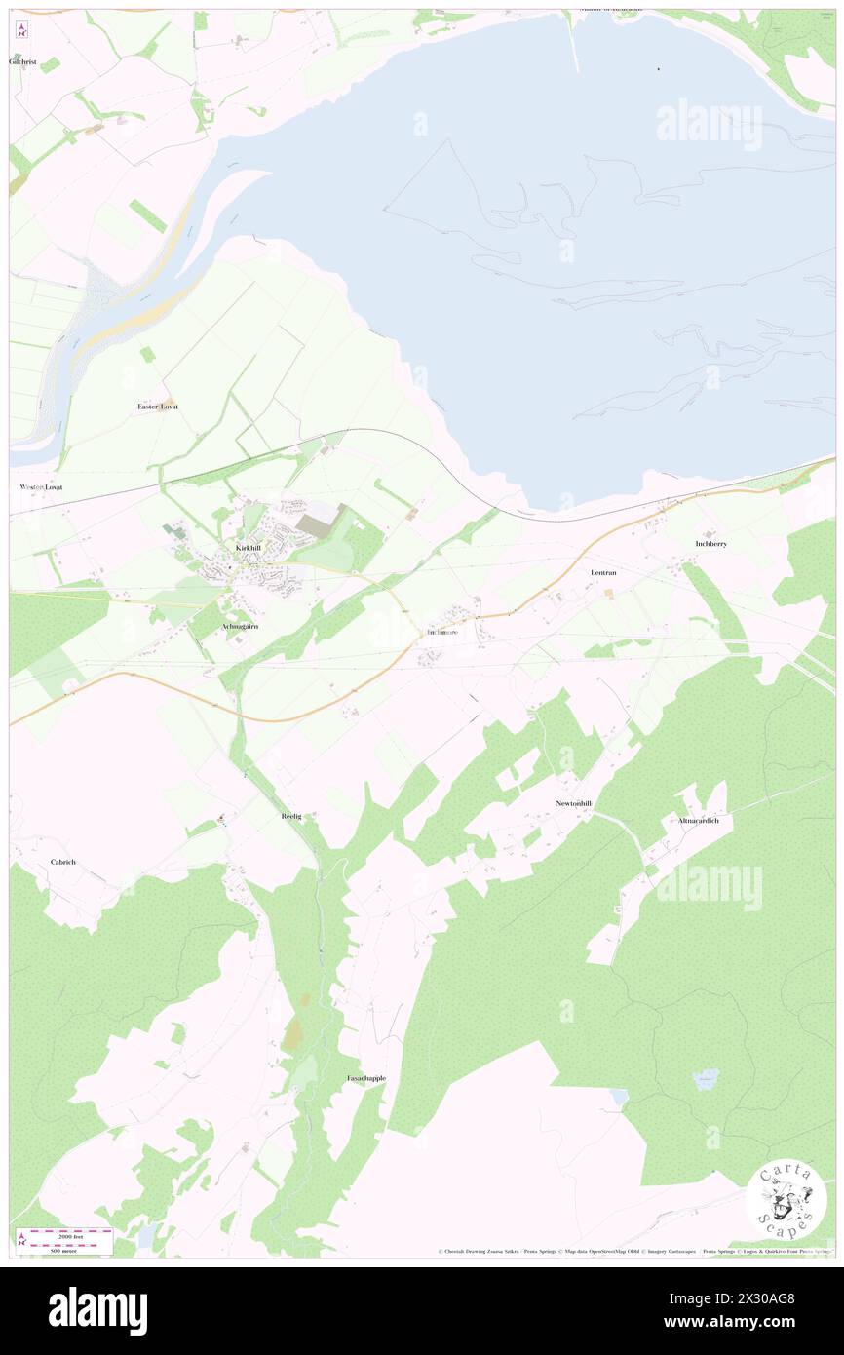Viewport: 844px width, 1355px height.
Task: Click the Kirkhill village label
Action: coord(249,548)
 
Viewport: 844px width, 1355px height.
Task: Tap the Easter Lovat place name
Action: coord(158,406)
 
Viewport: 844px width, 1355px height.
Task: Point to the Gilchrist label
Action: coord(22,61)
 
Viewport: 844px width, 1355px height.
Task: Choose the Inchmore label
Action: coord(441,632)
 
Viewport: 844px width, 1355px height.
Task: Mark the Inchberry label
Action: coord(711,543)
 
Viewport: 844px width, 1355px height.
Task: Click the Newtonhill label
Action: coord(574,803)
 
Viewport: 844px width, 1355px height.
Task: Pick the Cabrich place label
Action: coord(63,862)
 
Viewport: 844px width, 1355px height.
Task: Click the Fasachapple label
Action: coord(366,1078)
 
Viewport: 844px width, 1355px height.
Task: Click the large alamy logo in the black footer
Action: coord(97,1310)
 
